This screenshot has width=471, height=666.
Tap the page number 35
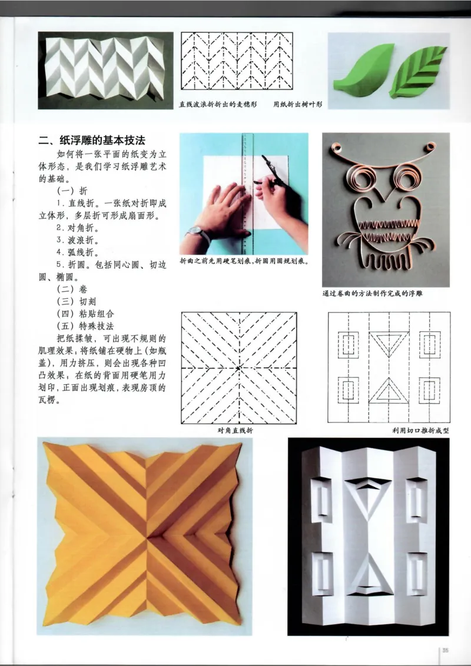[446, 650]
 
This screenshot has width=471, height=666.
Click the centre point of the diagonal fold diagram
[238, 368]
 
